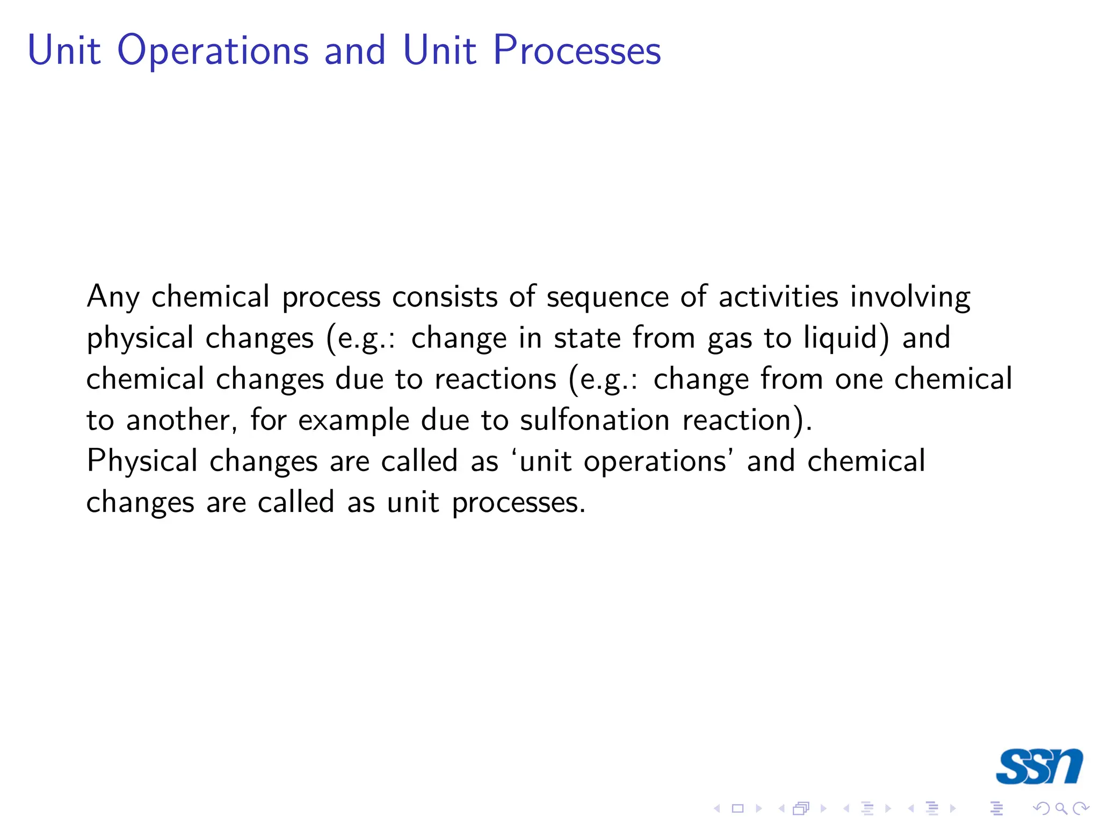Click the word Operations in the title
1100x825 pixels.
(x=213, y=50)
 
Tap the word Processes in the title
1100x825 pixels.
(x=577, y=50)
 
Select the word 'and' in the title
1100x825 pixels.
(x=355, y=50)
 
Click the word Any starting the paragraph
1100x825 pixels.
(x=113, y=297)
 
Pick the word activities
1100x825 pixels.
(x=778, y=297)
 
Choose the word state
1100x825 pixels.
(x=587, y=338)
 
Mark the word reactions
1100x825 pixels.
(x=495, y=379)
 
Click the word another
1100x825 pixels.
(x=182, y=420)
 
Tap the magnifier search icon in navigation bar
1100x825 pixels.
(x=1061, y=808)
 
